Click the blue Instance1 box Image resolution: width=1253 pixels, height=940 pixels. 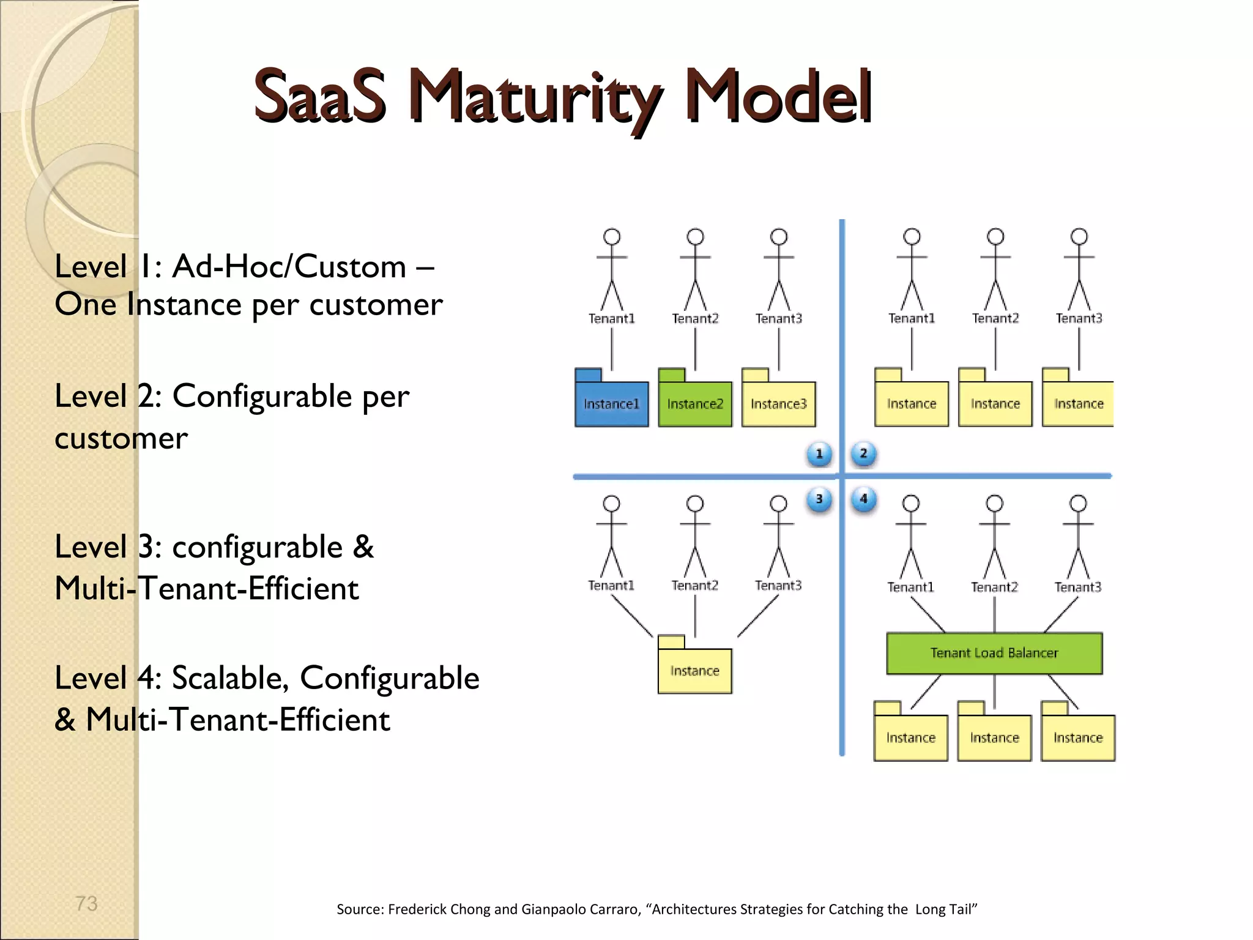click(x=611, y=404)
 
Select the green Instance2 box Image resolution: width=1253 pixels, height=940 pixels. click(x=695, y=404)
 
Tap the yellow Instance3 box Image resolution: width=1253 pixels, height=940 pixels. click(x=778, y=404)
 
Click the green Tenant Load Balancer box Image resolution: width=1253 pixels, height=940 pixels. click(x=994, y=653)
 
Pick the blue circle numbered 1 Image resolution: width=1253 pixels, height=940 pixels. click(x=819, y=454)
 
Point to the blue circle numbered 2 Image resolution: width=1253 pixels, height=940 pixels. click(x=863, y=453)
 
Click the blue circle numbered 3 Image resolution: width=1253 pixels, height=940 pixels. click(x=819, y=499)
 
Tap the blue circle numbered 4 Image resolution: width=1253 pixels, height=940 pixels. click(x=863, y=499)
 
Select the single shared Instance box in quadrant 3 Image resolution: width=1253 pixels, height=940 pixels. click(x=694, y=671)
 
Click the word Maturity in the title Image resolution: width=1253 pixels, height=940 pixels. click(x=535, y=98)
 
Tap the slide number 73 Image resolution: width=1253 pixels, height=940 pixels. click(x=86, y=903)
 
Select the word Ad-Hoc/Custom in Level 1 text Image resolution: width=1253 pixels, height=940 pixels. click(x=289, y=267)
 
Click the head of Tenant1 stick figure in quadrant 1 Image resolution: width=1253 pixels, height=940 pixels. click(x=612, y=237)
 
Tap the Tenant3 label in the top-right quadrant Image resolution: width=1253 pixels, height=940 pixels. click(x=1079, y=318)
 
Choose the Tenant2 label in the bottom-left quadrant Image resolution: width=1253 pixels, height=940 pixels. click(x=694, y=586)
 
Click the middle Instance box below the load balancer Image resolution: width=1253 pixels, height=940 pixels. click(x=994, y=737)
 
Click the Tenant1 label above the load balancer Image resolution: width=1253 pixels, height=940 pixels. click(x=910, y=587)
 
